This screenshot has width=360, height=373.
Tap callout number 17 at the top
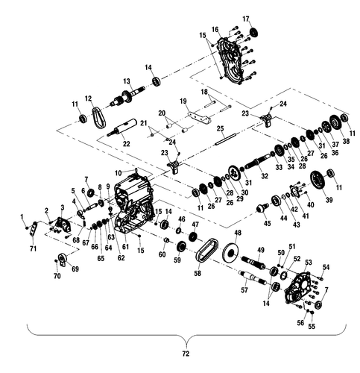coord(245,19)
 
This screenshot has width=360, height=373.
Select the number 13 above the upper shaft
coord(127,81)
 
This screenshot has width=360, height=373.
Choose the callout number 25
coord(220,129)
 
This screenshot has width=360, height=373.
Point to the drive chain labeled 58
coord(203,253)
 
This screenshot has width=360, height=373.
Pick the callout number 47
coord(195,224)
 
